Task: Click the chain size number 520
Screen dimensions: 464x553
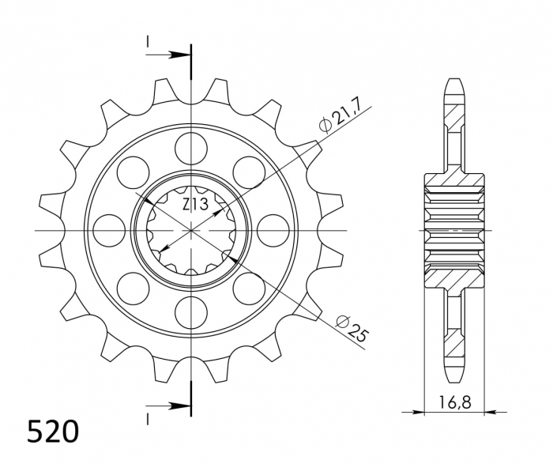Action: pos(53,432)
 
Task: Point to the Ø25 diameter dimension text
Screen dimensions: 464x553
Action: pos(349,327)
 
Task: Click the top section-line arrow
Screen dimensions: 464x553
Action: pos(182,55)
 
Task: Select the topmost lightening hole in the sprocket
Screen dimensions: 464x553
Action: pos(191,148)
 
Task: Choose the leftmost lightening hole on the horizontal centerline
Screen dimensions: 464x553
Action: pos(109,229)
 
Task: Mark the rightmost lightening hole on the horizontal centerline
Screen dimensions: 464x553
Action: pos(273,229)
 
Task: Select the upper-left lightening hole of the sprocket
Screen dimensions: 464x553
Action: pos(134,172)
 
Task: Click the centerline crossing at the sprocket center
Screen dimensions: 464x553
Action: pos(191,229)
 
